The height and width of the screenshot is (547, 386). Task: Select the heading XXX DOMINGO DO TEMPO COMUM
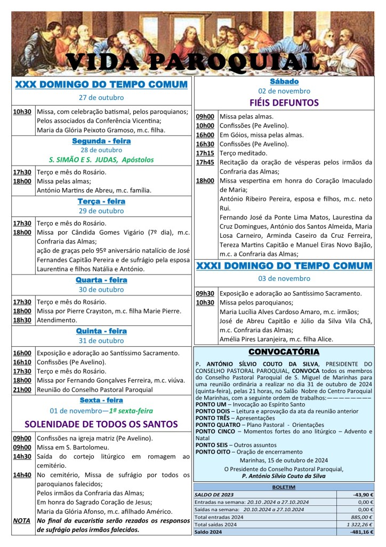coord(101,84)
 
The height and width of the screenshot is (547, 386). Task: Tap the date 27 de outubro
coord(101,97)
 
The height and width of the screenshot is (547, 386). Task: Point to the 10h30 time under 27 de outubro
coord(22,112)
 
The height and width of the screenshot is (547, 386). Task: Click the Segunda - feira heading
coord(101,141)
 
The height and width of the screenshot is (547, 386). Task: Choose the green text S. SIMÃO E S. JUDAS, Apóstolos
coord(101,159)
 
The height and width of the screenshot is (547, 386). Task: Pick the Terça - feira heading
coord(101,201)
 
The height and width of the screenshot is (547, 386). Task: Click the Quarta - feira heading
coord(101,279)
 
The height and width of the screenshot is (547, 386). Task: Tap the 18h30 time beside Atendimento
coord(22,320)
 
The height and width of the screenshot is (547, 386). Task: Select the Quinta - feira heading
coord(101,331)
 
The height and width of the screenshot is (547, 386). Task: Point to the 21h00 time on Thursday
coord(22,389)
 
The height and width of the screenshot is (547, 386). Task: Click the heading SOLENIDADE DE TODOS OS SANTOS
coord(101,424)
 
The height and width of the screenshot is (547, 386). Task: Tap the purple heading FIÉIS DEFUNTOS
coord(284,103)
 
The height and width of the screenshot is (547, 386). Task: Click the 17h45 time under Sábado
coord(205,162)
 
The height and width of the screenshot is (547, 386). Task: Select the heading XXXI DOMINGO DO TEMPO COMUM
coord(284,265)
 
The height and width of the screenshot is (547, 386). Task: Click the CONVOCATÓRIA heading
coord(284,352)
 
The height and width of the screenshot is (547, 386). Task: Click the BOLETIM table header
coord(284,487)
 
